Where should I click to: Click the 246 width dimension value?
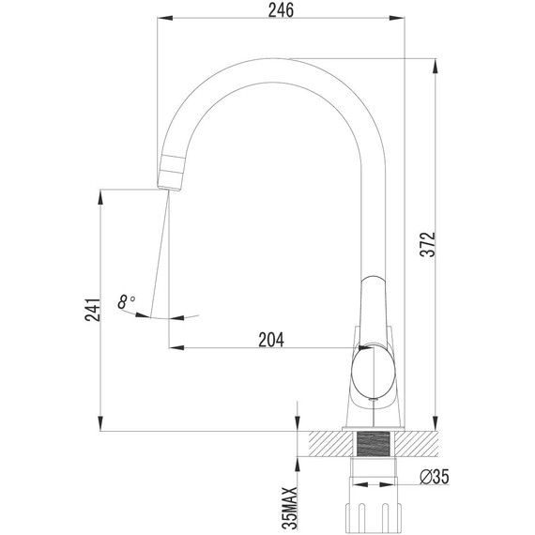281,11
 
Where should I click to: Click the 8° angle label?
126,302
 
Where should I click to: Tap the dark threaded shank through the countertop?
374,446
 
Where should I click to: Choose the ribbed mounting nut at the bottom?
374,512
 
